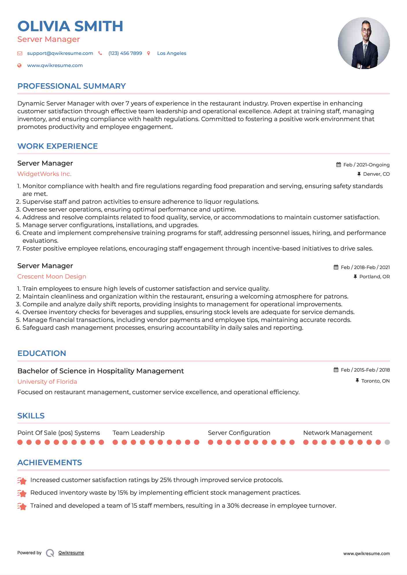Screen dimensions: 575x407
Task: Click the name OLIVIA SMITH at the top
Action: pyautogui.click(x=70, y=26)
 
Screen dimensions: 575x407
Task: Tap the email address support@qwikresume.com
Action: pyautogui.click(x=60, y=53)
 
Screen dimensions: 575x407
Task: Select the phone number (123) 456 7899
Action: pyautogui.click(x=125, y=53)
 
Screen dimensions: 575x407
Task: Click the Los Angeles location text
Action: pyautogui.click(x=172, y=53)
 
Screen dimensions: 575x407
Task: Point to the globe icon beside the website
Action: pyautogui.click(x=19, y=65)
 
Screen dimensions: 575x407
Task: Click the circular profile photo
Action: pyautogui.click(x=364, y=43)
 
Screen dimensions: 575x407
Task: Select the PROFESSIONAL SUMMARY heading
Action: pyautogui.click(x=71, y=86)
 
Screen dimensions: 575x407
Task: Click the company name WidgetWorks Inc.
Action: pyautogui.click(x=44, y=174)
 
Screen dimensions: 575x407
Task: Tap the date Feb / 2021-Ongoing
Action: pyautogui.click(x=366, y=165)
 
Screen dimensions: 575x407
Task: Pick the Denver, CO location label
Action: pyautogui.click(x=376, y=174)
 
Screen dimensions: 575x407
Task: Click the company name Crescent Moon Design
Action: pyautogui.click(x=52, y=277)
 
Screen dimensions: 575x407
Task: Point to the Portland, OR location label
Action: pyautogui.click(x=374, y=277)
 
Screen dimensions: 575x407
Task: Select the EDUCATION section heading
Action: pyautogui.click(x=42, y=353)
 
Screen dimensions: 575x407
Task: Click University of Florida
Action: pyautogui.click(x=47, y=382)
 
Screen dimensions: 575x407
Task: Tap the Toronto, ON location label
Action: pyautogui.click(x=375, y=381)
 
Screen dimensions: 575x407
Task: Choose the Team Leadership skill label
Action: pyautogui.click(x=139, y=433)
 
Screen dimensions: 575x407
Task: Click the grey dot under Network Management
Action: pyautogui.click(x=387, y=442)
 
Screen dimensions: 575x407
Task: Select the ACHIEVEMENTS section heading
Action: pyautogui.click(x=49, y=463)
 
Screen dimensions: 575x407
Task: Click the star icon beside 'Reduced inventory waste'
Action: pyautogui.click(x=22, y=493)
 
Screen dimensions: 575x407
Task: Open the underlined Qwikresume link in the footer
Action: pyautogui.click(x=71, y=553)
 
